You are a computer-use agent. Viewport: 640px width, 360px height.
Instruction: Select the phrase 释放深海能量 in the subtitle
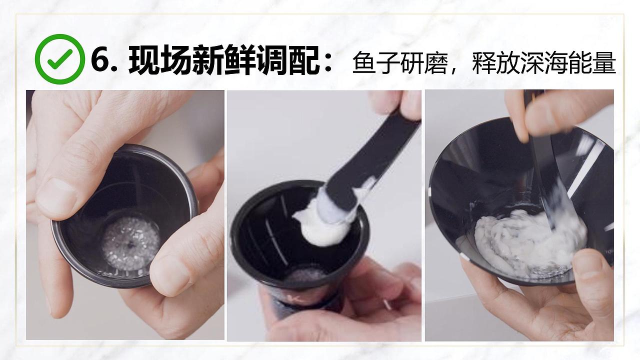(x=543, y=63)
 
